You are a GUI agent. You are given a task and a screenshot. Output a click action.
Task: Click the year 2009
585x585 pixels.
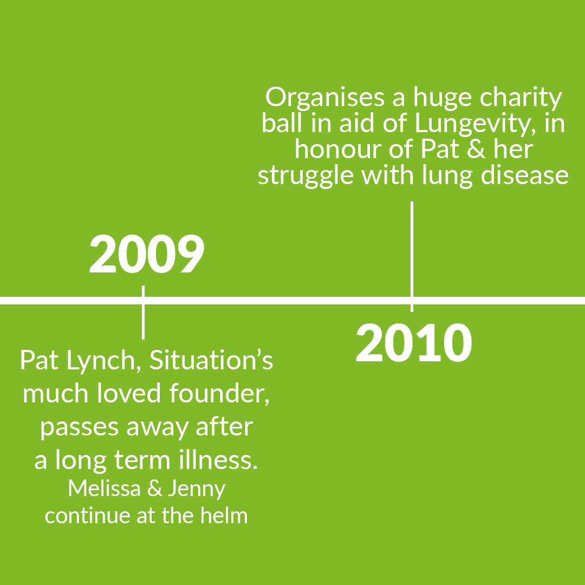pos(147,253)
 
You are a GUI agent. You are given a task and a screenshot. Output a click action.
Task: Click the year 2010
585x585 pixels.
pos(414,343)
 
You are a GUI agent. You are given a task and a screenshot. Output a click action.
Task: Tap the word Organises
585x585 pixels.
pos(324,98)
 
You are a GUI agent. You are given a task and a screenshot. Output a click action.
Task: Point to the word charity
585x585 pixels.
pos(521,98)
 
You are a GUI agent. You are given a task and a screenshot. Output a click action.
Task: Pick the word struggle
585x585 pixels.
pos(305,176)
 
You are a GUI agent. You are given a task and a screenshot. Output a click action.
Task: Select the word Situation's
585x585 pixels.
pos(211,360)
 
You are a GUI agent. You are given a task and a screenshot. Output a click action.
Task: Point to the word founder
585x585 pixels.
pos(219,394)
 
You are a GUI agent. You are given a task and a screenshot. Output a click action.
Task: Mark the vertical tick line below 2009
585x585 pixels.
pos(143,313)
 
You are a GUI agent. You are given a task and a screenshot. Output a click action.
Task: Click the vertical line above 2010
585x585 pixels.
pos(412,257)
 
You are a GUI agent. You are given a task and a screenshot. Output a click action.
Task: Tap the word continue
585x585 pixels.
pos(88,516)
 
